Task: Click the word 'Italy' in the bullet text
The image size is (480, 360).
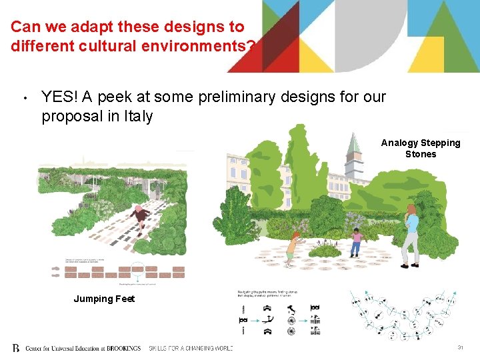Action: click(x=137, y=117)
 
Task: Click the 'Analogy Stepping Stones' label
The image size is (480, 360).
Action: click(x=421, y=148)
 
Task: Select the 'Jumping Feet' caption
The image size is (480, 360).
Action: click(x=104, y=299)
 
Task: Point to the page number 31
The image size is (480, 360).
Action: click(x=460, y=348)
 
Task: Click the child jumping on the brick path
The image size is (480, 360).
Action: click(x=140, y=215)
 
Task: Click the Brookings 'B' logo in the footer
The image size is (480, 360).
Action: click(x=16, y=348)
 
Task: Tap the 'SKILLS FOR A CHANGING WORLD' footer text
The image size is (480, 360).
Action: click(x=190, y=348)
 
